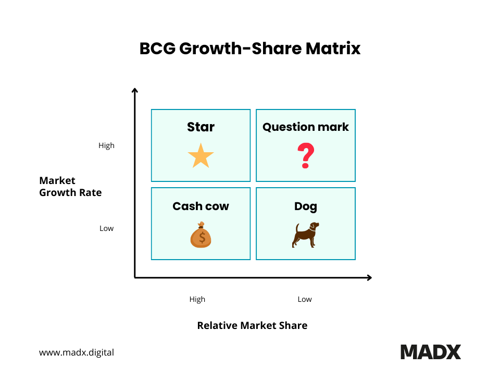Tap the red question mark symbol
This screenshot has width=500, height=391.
306,157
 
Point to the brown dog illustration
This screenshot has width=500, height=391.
305,235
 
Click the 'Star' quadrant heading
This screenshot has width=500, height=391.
201,127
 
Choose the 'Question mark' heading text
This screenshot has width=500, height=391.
306,127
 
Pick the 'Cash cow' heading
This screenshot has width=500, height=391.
201,206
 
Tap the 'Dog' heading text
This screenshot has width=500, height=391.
306,206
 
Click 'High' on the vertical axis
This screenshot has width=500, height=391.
106,145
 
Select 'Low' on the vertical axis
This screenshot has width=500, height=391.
106,228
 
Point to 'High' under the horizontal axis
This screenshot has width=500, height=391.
197,299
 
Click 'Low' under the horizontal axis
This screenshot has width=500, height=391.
305,299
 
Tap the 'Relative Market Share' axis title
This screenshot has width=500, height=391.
252,325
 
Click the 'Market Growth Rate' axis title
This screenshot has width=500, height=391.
70,187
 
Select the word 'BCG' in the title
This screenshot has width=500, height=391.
157,48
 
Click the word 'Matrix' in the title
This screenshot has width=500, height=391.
333,48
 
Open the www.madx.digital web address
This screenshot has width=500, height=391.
77,352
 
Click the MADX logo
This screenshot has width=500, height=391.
431,352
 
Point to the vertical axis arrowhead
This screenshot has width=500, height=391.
135,91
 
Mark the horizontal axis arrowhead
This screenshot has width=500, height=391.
369,277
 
